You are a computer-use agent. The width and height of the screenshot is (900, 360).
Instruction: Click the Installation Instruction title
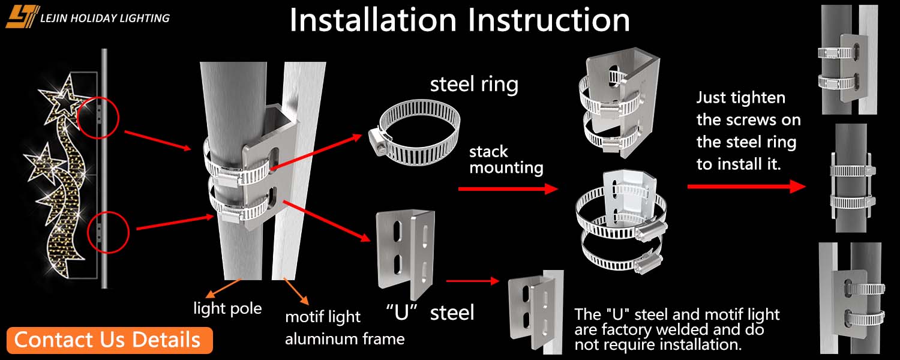coord(460,20)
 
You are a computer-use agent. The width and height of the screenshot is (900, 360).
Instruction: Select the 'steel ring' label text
coord(474,84)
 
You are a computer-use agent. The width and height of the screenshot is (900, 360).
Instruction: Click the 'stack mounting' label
coord(506,160)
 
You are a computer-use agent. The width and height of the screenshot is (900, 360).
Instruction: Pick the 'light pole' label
coord(227,308)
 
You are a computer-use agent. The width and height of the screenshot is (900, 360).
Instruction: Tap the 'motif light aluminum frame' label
coord(344,328)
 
